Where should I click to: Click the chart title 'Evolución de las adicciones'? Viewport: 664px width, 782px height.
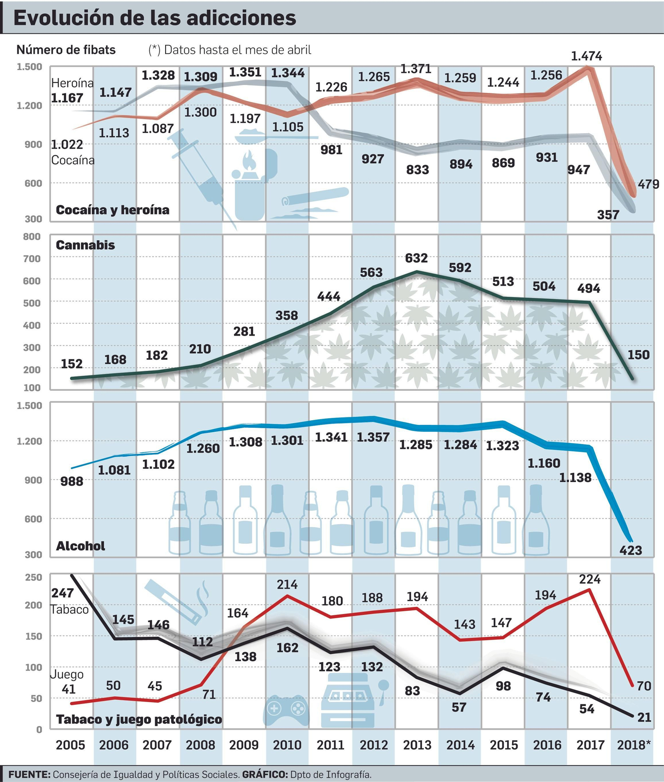point(155,18)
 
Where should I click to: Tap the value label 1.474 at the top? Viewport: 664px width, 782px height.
point(586,56)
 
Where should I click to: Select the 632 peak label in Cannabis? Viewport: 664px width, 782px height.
point(416,258)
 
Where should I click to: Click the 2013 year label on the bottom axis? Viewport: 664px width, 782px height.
point(417,745)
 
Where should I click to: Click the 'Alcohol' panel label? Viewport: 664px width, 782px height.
point(81,546)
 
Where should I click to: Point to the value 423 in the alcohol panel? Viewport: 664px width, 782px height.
point(630,551)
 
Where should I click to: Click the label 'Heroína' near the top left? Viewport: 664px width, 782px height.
point(72,83)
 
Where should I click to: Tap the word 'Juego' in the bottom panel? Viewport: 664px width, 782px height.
point(67,674)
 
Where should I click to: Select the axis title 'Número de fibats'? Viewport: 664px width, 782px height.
point(66,50)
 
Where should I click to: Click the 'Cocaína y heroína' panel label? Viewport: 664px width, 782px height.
point(112,210)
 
